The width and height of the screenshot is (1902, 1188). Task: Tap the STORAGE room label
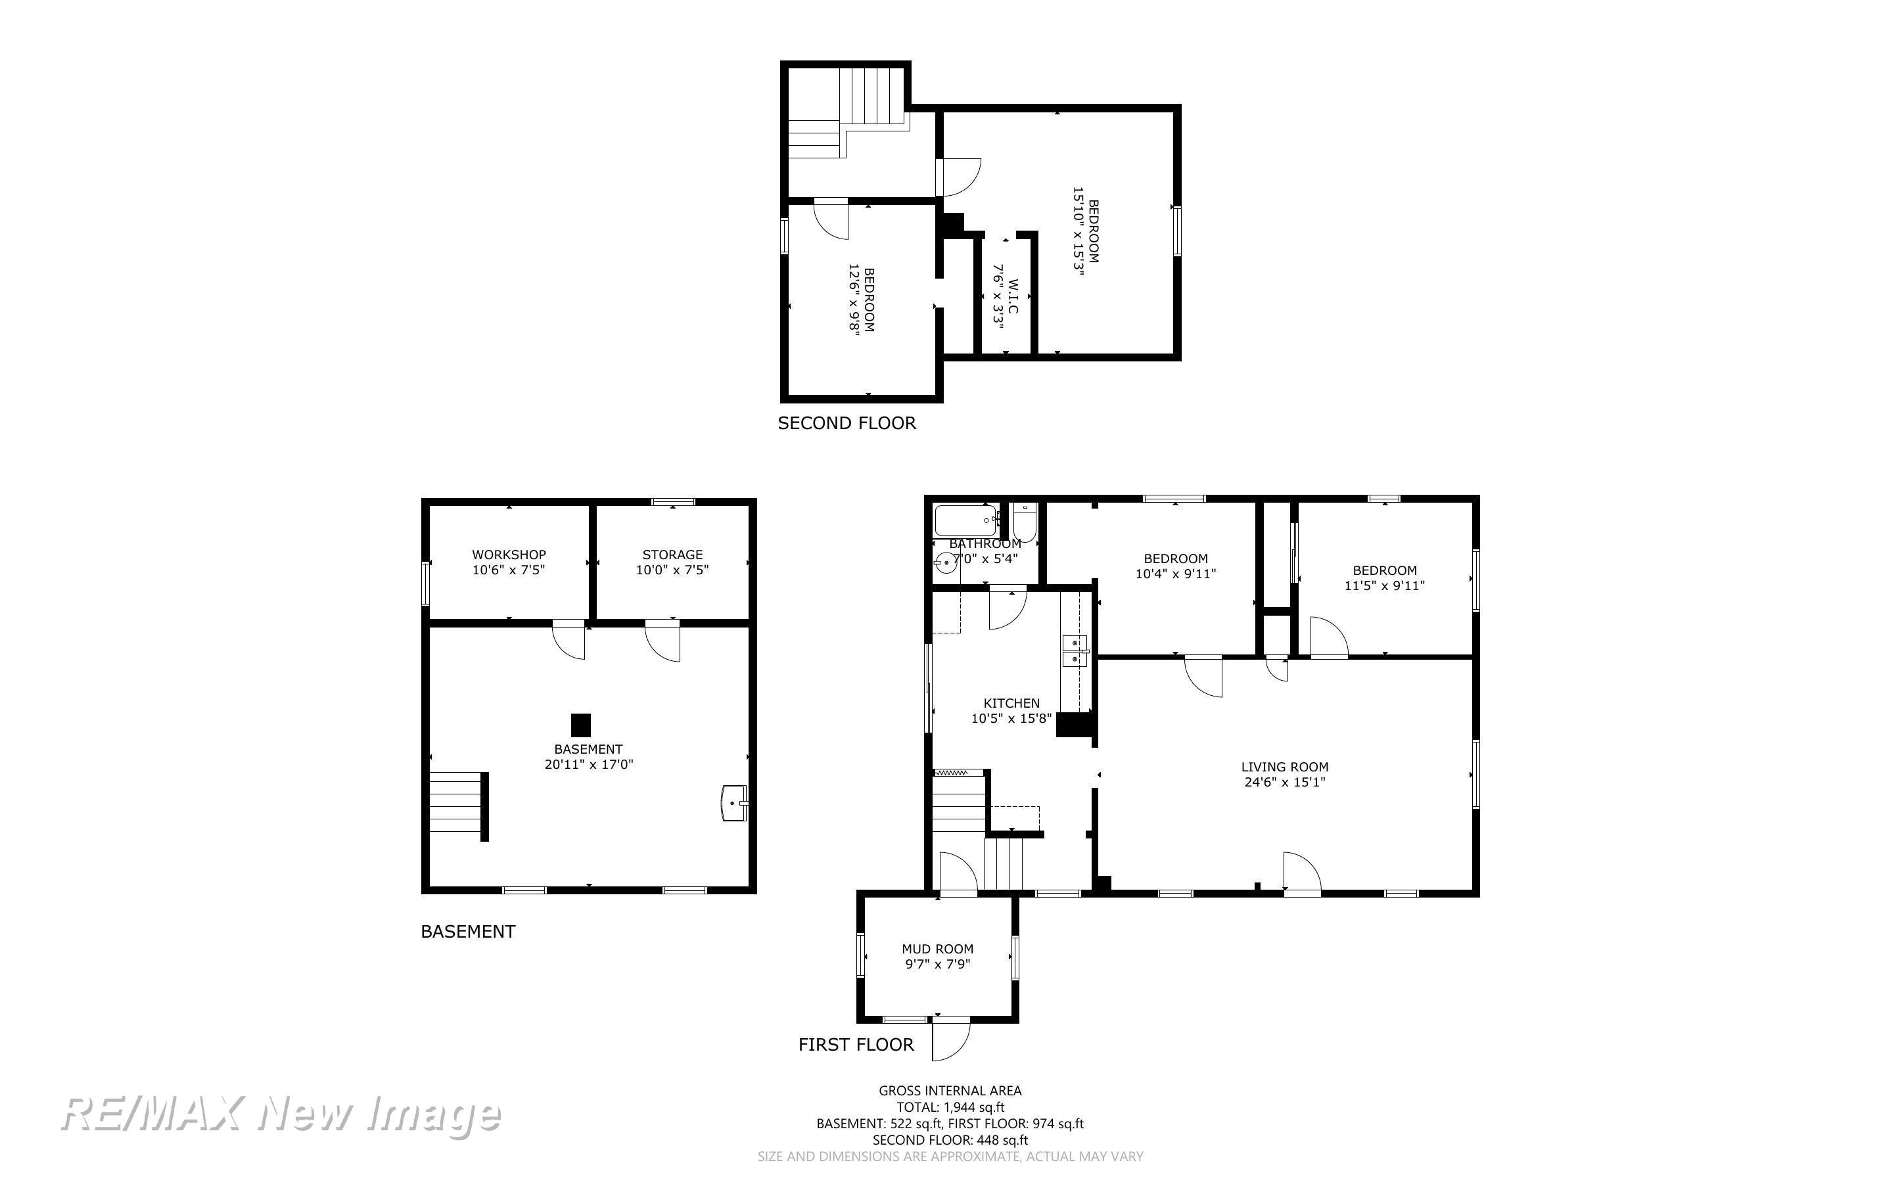tap(672, 555)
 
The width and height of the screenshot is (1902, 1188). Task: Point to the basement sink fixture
tap(735, 803)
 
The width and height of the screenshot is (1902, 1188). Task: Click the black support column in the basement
tap(580, 724)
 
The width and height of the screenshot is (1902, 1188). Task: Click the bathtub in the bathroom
tap(967, 520)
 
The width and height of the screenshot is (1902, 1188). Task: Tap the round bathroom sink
tap(945, 562)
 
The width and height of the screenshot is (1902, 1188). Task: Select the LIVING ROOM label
tap(1284, 767)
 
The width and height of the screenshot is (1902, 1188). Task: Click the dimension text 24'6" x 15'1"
tap(1284, 782)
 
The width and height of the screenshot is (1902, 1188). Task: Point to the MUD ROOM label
tap(937, 949)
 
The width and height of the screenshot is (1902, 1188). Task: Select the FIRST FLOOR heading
tap(856, 1045)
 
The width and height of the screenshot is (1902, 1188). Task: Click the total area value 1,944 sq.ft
tap(973, 1107)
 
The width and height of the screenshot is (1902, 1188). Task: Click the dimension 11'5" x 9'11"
tap(1384, 585)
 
